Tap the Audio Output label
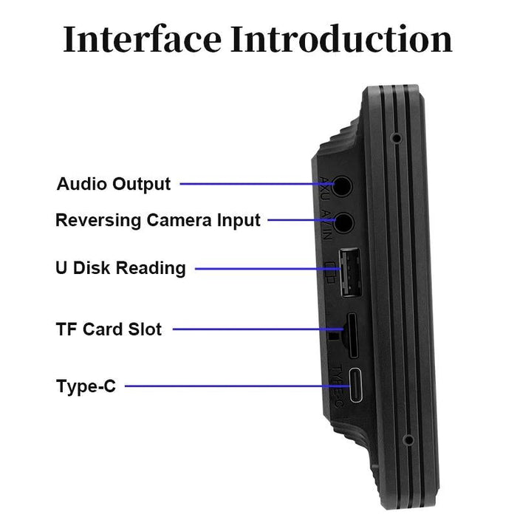coord(114,183)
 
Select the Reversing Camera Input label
coord(158,220)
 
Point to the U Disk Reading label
coord(120,267)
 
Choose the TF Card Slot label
coord(109,329)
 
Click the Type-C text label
coord(86,386)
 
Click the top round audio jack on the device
coord(341,185)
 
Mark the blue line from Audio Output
coord(256,184)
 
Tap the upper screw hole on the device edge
coord(397,137)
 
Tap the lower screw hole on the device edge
coord(407,440)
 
